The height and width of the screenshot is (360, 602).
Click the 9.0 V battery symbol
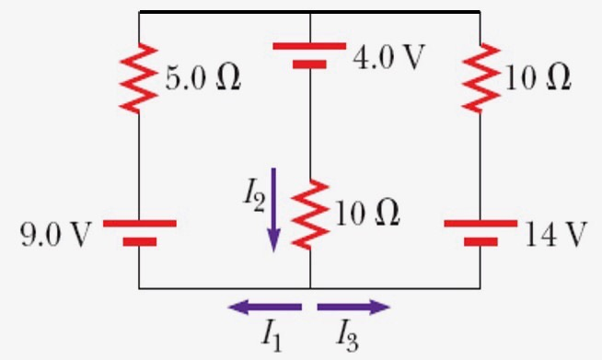click(x=139, y=232)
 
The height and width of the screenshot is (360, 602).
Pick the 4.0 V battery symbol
click(x=310, y=55)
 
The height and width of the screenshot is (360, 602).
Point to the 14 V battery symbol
click(x=480, y=232)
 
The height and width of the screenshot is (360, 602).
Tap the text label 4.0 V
click(x=390, y=57)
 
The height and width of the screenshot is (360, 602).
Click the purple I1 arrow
click(x=264, y=307)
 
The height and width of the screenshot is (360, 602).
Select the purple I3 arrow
click(x=353, y=307)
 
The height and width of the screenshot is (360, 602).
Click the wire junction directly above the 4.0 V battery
click(x=310, y=12)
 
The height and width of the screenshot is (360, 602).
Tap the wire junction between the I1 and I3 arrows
click(x=310, y=288)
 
